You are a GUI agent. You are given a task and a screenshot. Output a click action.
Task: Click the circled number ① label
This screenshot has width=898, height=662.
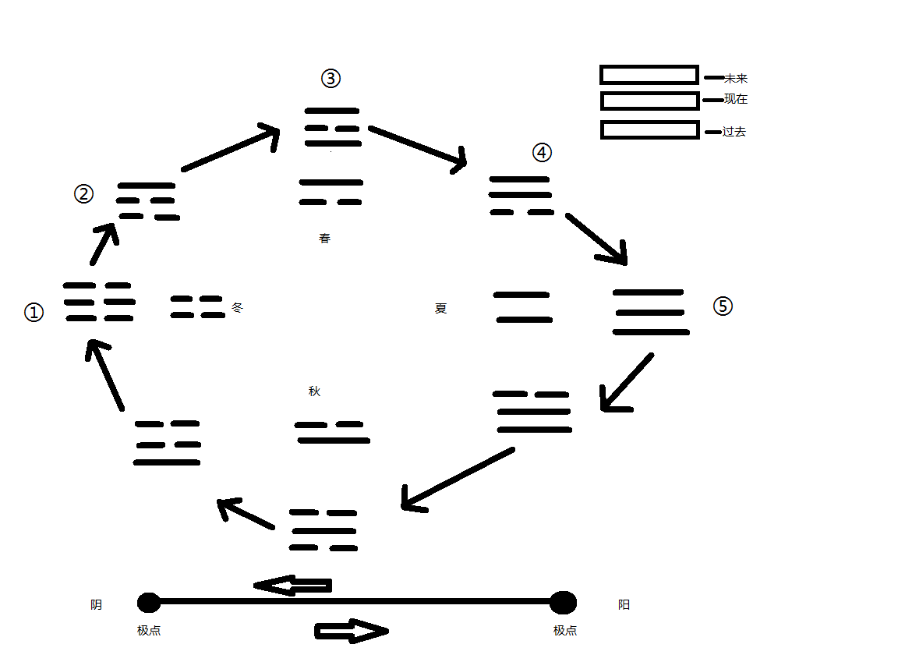click(34, 313)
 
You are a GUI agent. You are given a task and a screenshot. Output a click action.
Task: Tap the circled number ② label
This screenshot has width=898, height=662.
click(83, 193)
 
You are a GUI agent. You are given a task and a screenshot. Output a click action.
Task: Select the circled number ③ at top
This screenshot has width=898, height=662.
click(331, 78)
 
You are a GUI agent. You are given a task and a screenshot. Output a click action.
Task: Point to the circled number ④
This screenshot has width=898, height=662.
click(542, 153)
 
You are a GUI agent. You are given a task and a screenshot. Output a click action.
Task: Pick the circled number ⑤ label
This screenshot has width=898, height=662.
click(723, 306)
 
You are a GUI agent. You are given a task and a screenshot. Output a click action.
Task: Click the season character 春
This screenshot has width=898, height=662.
click(325, 239)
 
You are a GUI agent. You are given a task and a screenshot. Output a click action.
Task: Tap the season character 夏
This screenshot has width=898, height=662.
click(441, 308)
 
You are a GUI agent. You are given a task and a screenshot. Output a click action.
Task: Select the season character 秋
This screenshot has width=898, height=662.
click(314, 391)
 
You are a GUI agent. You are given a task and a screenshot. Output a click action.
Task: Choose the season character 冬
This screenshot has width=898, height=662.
click(238, 307)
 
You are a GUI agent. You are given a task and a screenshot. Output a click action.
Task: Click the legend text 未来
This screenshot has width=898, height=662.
click(736, 79)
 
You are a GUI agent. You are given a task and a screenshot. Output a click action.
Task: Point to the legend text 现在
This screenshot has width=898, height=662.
click(736, 100)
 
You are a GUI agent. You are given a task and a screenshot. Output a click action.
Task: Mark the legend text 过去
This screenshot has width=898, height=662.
click(734, 133)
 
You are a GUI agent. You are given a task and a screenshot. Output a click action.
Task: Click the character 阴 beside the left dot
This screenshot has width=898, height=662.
click(96, 604)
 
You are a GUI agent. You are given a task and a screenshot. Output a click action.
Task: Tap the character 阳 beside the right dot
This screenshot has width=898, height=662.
click(624, 604)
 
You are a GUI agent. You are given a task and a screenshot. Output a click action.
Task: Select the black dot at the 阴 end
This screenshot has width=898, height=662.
click(149, 603)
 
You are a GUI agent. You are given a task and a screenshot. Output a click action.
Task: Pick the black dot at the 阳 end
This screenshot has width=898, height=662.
click(563, 603)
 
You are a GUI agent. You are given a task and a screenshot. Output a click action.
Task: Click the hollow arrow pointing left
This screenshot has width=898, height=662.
click(294, 585)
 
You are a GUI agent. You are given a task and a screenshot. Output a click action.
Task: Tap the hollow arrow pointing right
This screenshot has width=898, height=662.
click(351, 631)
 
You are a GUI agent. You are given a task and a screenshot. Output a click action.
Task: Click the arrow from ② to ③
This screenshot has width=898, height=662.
click(231, 148)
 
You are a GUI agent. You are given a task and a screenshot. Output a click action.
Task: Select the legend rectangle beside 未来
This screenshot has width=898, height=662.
click(649, 75)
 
